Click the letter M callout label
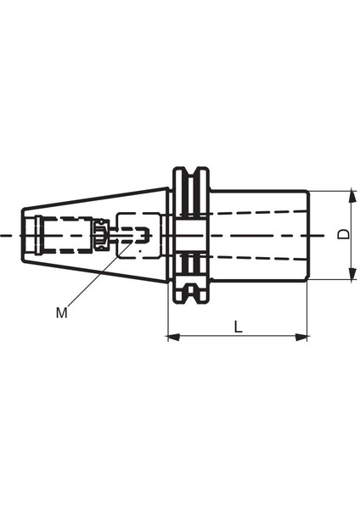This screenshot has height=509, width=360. (61, 313)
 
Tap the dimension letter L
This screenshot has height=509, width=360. (239, 326)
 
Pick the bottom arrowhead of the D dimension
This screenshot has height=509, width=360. (349, 274)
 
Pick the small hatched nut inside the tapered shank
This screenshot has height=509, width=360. (100, 234)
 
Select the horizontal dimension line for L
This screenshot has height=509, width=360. (238, 338)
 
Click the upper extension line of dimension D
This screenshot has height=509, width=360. (331, 190)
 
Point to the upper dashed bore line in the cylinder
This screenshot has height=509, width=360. (255, 212)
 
